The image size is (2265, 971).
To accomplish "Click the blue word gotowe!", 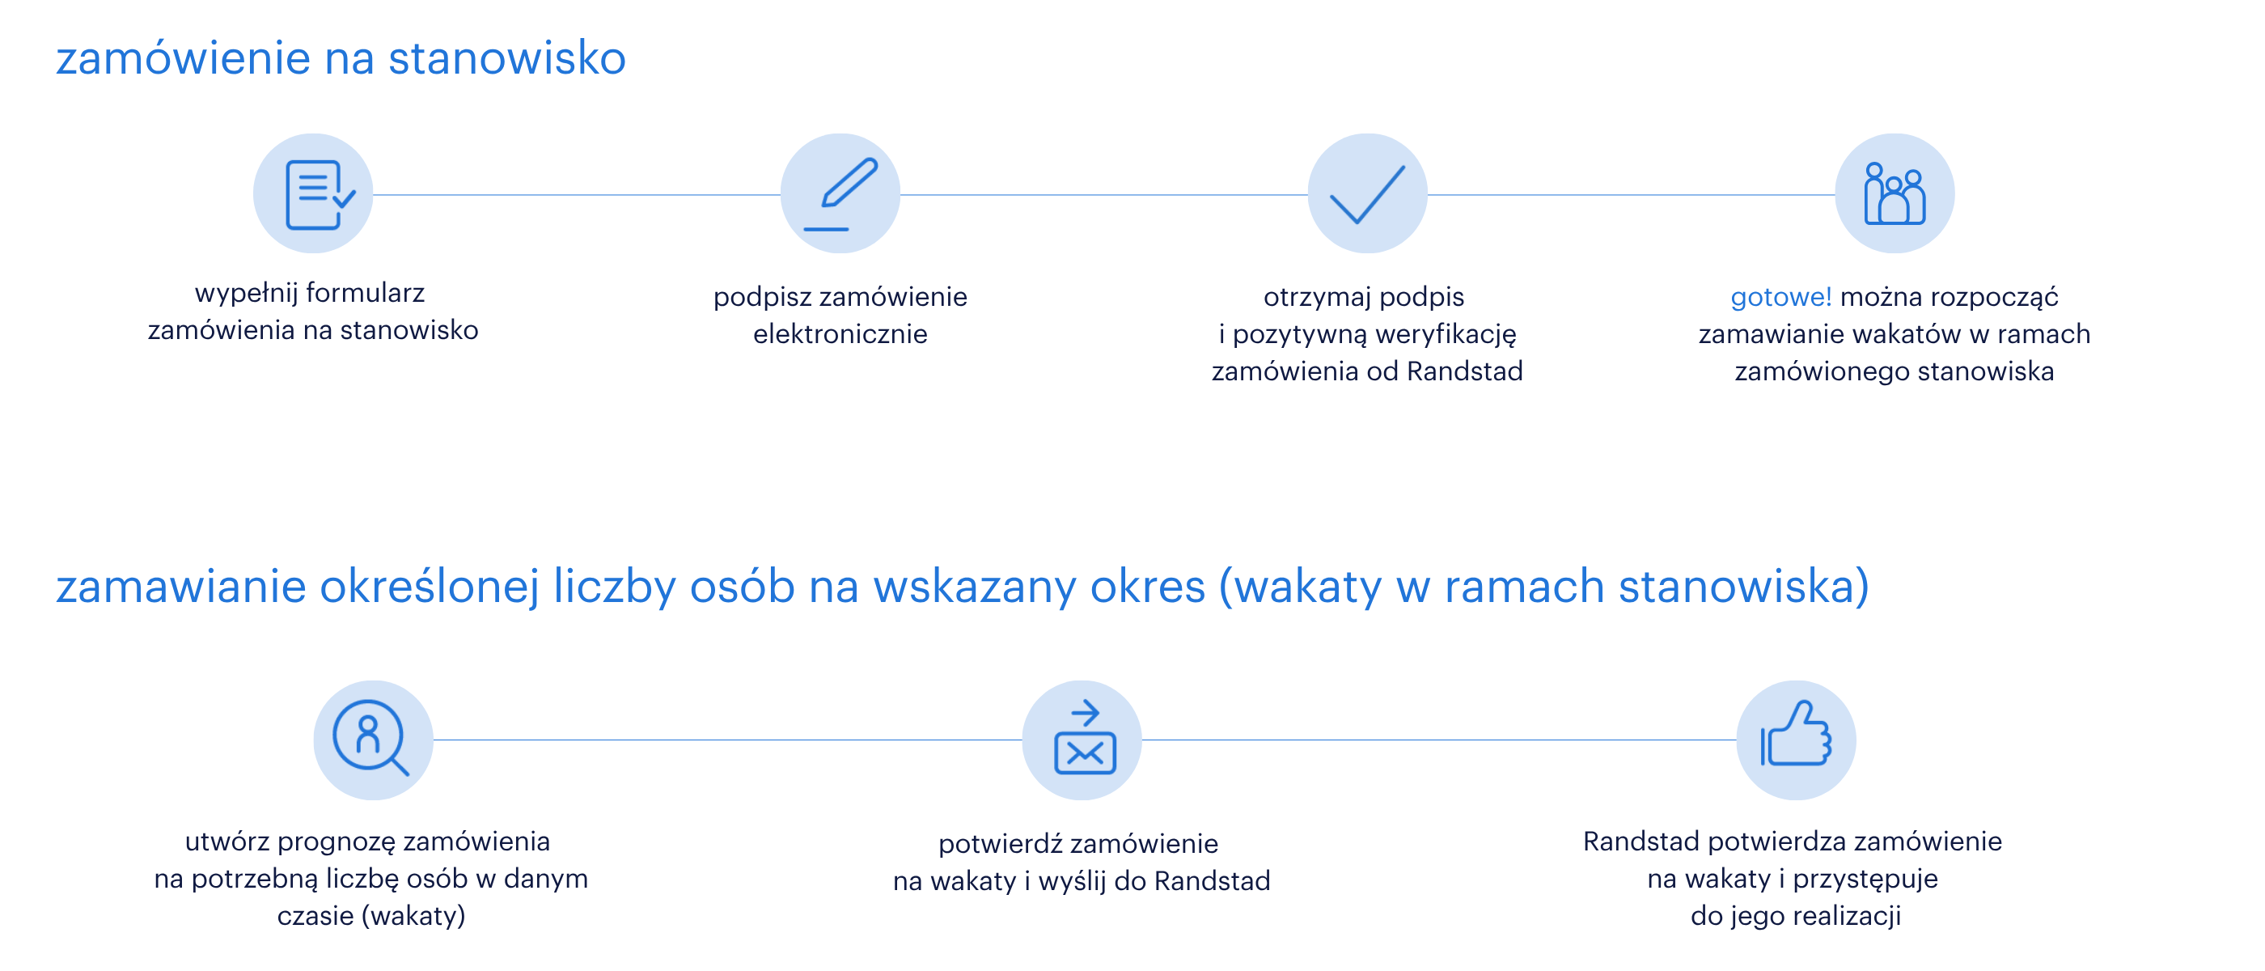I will click(x=1780, y=297).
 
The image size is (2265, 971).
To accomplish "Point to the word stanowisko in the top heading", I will click(x=506, y=58).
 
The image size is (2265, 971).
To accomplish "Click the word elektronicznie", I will click(x=840, y=334).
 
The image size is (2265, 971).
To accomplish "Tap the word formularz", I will click(x=365, y=293).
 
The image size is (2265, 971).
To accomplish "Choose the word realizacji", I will click(x=1848, y=917).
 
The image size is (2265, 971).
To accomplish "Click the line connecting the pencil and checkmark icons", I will click(x=1103, y=195).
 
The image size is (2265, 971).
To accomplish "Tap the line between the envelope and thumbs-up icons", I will click(x=1438, y=740).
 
